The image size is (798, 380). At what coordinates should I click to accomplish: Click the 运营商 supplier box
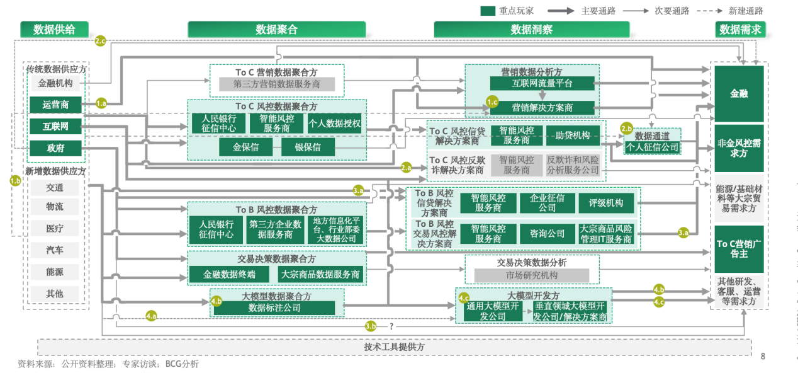[55, 105]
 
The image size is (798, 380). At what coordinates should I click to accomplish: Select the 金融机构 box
[55, 83]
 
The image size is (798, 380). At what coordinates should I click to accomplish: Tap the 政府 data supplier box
[55, 149]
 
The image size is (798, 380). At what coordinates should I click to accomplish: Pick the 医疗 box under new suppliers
[55, 228]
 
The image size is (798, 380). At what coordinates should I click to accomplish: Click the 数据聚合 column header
[276, 29]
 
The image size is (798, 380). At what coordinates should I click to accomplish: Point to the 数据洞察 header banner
[531, 29]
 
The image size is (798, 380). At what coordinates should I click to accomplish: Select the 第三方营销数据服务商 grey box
[276, 84]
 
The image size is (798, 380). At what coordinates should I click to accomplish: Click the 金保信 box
[245, 147]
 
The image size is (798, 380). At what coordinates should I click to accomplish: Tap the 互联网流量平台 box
[541, 83]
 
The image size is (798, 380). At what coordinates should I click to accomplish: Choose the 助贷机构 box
[572, 135]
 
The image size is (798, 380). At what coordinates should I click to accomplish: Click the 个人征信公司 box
[652, 147]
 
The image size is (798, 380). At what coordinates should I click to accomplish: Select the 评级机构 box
[605, 203]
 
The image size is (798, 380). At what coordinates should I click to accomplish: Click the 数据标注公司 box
[274, 308]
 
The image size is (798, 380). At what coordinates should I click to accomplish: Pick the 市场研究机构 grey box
[531, 275]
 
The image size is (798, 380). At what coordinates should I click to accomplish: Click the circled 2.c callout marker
[100, 41]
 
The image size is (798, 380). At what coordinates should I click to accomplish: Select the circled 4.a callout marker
[151, 316]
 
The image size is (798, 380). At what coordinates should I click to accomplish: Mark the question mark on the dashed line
[391, 326]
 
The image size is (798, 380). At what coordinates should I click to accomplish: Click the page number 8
[763, 357]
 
